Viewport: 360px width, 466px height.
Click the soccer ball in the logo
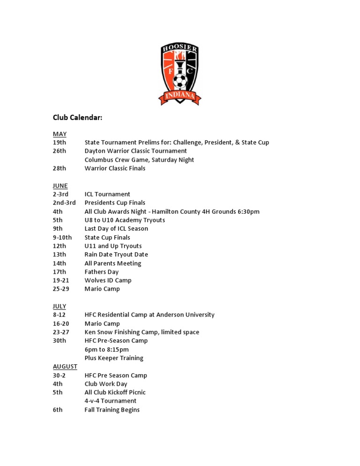tap(180, 82)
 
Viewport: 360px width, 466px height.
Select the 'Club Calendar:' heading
tap(77, 118)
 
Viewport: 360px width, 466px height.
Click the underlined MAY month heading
tap(60, 134)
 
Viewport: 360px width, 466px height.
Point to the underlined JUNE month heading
tap(60, 186)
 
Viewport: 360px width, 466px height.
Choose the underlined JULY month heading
tap(60, 306)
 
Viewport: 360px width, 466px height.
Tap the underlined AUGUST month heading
tap(65, 367)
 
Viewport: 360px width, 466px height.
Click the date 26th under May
tap(60, 151)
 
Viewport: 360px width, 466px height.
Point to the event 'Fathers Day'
tap(102, 272)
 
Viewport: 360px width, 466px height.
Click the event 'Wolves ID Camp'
tap(108, 280)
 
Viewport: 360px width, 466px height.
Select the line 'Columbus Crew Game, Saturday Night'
tap(139, 160)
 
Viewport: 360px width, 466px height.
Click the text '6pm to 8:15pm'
tap(106, 349)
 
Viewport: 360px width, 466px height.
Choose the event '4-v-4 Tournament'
tap(111, 401)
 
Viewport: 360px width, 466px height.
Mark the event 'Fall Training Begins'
tap(112, 410)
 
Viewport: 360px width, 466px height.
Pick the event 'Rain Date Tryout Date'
tap(116, 255)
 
